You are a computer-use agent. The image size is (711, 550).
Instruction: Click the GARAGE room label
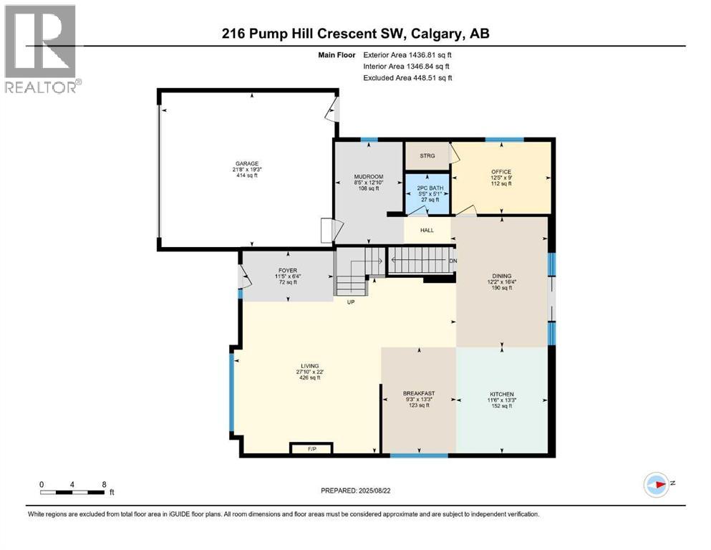[247, 164]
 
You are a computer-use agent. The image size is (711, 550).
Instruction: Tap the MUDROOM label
[369, 177]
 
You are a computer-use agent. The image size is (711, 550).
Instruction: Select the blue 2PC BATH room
[427, 193]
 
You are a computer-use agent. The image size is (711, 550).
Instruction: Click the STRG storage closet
[427, 155]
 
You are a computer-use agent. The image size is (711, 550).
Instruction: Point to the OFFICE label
[501, 172]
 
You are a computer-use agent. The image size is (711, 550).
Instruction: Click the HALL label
[427, 231]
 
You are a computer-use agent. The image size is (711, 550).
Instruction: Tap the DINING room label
[501, 276]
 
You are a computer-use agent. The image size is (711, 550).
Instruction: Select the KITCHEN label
[501, 395]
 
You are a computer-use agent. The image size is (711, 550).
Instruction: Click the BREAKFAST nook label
[419, 394]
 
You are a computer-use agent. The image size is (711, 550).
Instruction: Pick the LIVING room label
[310, 366]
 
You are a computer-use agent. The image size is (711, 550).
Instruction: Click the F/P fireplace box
[312, 448]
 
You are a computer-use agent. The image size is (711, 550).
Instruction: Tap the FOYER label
[288, 270]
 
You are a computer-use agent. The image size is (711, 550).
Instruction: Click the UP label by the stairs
[351, 302]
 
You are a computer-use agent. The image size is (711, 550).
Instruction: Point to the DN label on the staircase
[453, 261]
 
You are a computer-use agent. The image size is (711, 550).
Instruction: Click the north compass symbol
[656, 484]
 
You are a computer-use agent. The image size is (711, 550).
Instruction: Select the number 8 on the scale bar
[104, 484]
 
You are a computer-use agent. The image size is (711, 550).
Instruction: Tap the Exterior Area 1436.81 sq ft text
[407, 55]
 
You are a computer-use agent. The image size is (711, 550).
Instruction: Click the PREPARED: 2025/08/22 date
[355, 491]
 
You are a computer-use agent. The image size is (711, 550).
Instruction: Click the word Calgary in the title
[437, 34]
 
